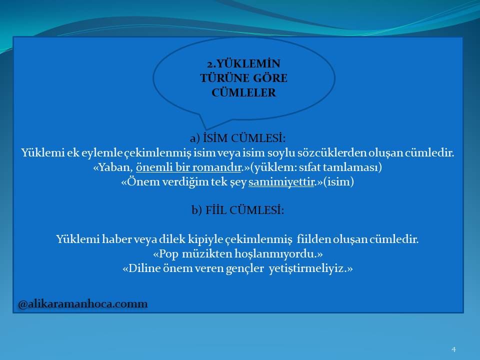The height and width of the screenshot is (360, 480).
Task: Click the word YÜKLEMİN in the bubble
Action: [247, 63]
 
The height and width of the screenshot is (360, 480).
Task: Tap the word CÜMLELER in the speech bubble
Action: [243, 92]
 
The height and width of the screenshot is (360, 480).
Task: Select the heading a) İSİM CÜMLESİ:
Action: [237, 138]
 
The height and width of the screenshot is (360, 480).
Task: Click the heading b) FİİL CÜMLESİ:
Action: [238, 210]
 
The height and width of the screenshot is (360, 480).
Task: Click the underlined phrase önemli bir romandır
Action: [189, 167]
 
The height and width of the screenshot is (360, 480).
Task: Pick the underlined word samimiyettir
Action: [281, 181]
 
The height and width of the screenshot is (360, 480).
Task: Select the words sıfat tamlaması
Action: [338, 167]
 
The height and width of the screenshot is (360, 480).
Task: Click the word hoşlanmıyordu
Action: [275, 254]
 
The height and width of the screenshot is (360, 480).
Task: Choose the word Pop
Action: [168, 254]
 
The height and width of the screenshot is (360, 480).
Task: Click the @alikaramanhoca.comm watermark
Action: [83, 304]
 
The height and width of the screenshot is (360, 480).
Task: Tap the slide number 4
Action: [453, 349]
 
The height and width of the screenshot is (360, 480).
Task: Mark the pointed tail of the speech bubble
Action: [206, 128]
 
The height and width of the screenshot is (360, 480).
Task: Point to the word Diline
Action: [144, 268]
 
